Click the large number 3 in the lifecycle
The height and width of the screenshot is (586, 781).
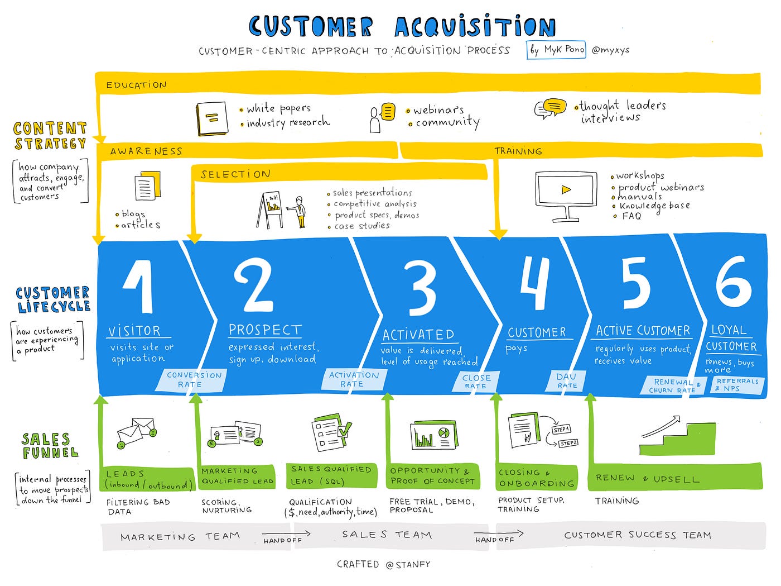422,288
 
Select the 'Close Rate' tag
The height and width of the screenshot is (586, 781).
476,382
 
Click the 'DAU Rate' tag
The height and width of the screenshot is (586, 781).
566,381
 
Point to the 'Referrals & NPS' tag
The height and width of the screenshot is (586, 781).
737,385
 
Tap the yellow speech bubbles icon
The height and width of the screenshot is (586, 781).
550,107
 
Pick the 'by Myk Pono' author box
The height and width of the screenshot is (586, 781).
556,50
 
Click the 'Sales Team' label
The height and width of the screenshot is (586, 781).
387,535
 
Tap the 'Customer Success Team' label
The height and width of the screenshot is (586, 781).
638,535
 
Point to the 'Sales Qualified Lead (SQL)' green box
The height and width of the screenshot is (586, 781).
331,475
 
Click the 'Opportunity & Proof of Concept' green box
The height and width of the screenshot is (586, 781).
432,476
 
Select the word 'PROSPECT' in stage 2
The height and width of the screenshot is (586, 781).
265,330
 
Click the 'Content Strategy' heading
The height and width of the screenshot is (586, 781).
50,136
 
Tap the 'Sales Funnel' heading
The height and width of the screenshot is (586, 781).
50,446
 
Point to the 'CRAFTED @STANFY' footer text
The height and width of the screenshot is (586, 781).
384,565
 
